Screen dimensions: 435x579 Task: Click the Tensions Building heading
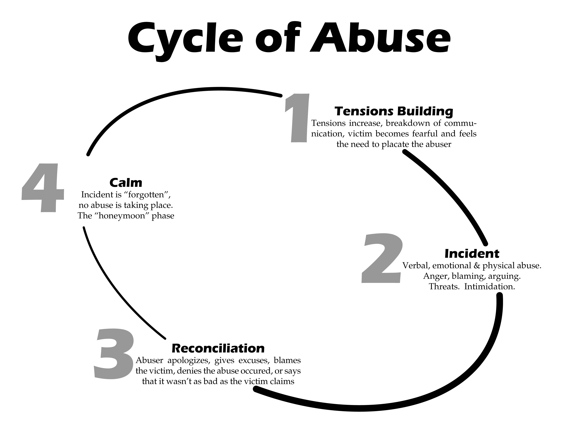(394, 111)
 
